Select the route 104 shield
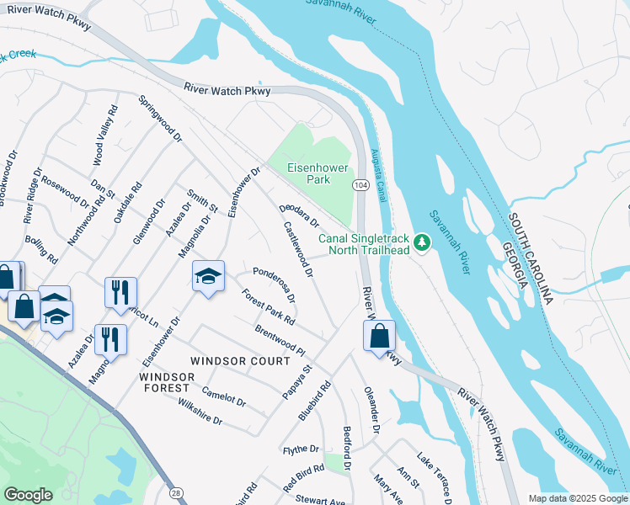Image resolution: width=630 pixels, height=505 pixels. point(360,184)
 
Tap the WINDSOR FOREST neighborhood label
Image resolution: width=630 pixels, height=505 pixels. point(165,382)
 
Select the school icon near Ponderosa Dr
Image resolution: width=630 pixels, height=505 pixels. point(208,276)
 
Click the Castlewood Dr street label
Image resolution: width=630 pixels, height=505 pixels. point(299,250)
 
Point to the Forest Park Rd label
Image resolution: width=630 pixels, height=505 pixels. point(268,308)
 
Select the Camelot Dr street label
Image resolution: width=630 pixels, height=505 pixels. point(224,396)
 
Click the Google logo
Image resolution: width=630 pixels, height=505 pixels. point(28,494)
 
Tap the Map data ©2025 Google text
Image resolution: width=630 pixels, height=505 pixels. point(577,498)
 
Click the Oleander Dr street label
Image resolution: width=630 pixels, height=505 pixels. point(371,411)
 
